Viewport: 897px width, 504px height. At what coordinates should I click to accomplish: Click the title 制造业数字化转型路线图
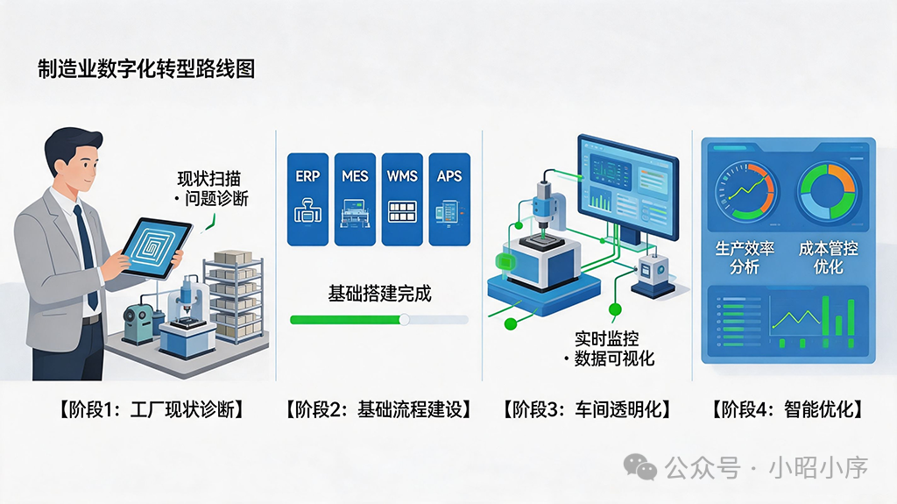(146, 68)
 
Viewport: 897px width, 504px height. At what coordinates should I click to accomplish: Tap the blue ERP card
(307, 199)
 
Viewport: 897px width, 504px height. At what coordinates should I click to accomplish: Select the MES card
(355, 199)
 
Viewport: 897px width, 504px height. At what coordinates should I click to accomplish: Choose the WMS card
(402, 199)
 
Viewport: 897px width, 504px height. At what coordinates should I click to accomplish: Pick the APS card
(449, 199)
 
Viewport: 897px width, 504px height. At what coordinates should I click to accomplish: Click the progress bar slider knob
(404, 320)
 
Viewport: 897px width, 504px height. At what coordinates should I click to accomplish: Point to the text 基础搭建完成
(379, 294)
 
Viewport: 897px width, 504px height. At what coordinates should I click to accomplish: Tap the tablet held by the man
(156, 247)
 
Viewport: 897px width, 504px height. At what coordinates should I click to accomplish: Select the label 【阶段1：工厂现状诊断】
(152, 409)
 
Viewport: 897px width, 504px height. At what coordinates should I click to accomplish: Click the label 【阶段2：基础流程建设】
(379, 409)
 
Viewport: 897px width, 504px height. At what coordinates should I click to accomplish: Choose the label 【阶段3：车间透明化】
(587, 409)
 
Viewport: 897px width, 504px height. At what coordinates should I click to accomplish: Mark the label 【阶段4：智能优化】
(788, 409)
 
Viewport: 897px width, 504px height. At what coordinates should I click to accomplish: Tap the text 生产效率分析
(745, 258)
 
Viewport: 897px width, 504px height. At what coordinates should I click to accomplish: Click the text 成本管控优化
(829, 258)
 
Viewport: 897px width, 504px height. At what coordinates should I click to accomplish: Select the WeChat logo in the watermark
(639, 467)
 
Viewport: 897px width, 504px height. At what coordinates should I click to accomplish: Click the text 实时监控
(607, 338)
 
